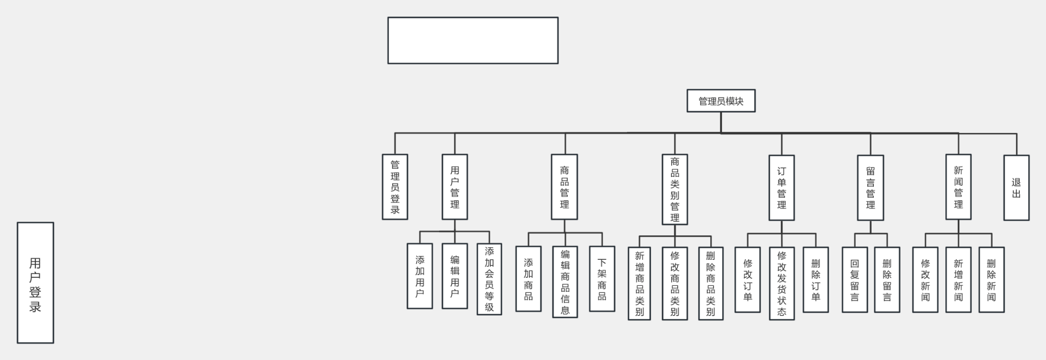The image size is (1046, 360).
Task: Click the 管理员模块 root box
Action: tap(721, 101)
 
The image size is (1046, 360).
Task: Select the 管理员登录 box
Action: tap(395, 187)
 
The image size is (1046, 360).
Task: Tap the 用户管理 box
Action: tap(455, 187)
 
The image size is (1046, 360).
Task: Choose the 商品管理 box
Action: tap(564, 187)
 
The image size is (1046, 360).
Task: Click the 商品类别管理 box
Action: tap(674, 189)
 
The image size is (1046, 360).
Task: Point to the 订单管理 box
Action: tap(782, 188)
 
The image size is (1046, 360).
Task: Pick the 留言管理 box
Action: tap(871, 188)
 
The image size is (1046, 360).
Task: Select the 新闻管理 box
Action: tap(958, 187)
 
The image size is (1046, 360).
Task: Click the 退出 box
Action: tap(1017, 188)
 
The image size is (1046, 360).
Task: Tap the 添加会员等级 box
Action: tap(489, 279)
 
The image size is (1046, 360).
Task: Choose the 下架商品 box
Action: tap(602, 279)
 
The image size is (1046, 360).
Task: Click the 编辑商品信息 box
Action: tap(565, 282)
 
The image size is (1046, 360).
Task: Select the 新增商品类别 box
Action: tap(639, 283)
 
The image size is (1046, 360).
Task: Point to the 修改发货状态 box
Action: tap(782, 283)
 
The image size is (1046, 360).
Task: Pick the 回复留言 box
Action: tap(855, 279)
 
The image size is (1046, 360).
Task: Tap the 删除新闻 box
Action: tap(992, 279)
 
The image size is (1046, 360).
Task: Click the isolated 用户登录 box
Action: tap(35, 283)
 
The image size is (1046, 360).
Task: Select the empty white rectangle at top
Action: tap(473, 40)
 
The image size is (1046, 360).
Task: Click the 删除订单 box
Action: tap(816, 279)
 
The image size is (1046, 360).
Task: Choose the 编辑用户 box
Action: tap(455, 276)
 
